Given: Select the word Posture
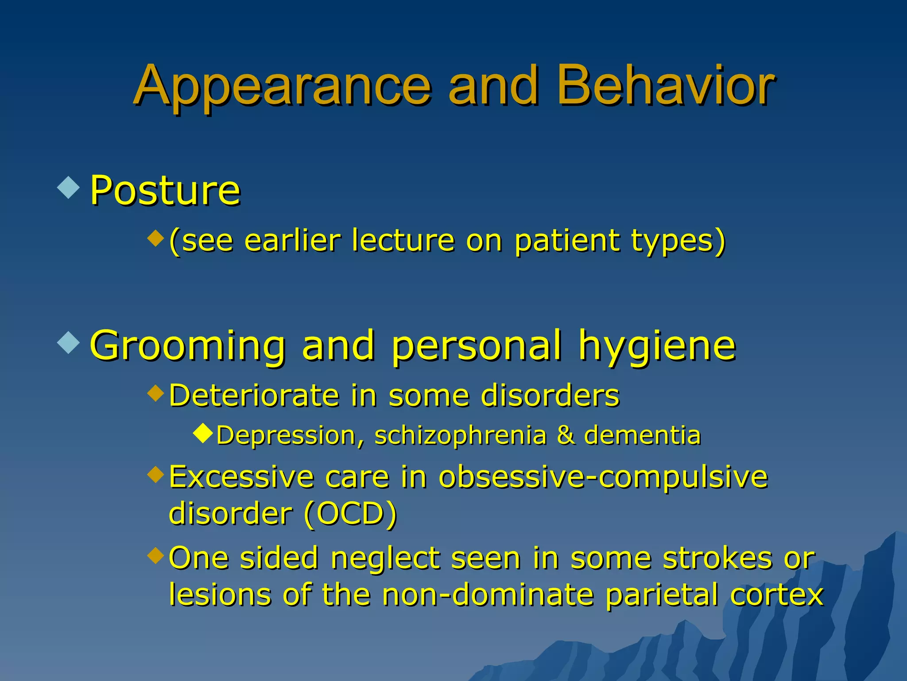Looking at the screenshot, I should [165, 191].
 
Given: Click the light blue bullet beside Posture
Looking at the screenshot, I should [69, 188].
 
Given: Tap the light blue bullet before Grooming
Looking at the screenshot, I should [69, 342].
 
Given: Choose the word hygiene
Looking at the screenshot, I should [657, 347].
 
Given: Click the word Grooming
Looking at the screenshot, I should [188, 347].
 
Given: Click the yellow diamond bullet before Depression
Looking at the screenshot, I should [203, 433].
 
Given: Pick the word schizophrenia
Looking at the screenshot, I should [461, 435].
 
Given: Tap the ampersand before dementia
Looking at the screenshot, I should [566, 435].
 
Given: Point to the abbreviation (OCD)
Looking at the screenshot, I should [350, 514].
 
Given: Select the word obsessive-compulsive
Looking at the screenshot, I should [603, 478].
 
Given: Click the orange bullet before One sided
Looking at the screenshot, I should [155, 555].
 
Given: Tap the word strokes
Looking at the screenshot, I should [718, 558].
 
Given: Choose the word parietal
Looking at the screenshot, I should [662, 595].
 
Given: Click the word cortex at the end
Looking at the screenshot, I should [776, 595].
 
